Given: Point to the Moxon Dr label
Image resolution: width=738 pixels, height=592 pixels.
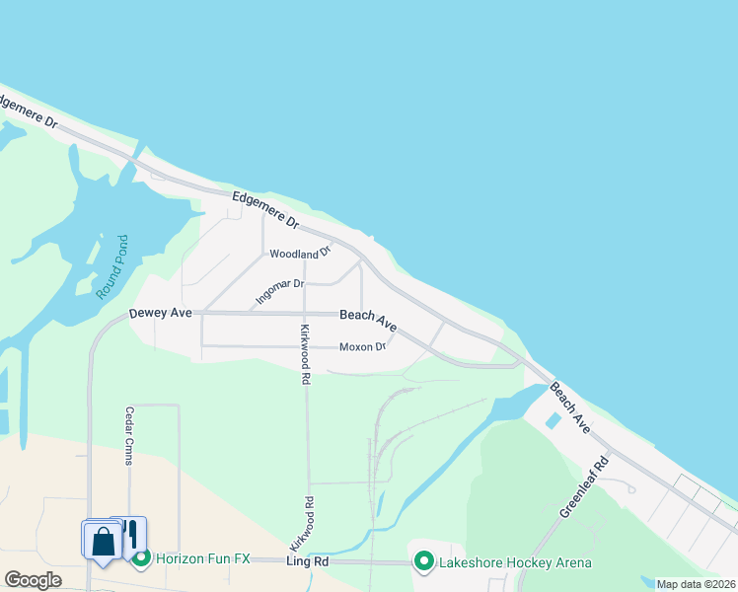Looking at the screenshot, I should click(x=362, y=347).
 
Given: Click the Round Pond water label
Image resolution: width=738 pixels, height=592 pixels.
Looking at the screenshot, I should click(x=112, y=266).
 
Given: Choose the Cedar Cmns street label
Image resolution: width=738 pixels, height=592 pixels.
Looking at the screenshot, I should click(x=128, y=436).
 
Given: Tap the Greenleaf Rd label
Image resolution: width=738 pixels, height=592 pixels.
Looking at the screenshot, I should click(x=585, y=485).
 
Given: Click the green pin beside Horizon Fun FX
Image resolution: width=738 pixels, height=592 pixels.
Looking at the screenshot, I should click(x=141, y=559).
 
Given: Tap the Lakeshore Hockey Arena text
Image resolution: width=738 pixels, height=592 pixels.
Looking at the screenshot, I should click(x=517, y=562).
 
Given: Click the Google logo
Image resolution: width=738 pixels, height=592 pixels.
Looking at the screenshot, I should click(x=33, y=580).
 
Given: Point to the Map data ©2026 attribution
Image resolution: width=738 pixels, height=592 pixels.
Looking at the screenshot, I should click(x=696, y=584).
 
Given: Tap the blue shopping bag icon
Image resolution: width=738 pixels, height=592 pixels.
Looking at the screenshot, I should click(x=103, y=542).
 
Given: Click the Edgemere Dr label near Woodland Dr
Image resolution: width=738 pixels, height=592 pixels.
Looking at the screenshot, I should click(x=265, y=208).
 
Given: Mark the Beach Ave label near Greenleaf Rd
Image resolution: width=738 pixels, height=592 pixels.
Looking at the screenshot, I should click(x=569, y=407).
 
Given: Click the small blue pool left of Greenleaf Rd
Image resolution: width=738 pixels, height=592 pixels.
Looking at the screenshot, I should click(x=552, y=420).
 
